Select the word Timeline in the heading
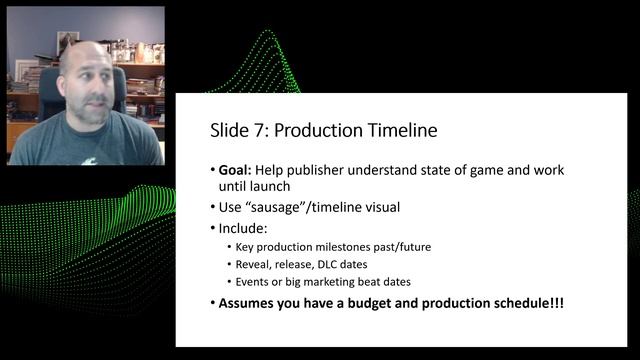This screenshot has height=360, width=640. coord(396,130)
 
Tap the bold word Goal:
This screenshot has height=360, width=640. coord(237,169)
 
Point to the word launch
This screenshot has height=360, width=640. coord(266,185)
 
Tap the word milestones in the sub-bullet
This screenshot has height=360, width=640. coord(345,247)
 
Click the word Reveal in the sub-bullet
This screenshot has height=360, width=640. coord(253,265)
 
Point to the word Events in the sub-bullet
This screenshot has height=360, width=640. coord(253,282)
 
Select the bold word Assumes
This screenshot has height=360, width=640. coord(250,303)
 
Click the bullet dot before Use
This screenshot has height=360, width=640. coord(213,207)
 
